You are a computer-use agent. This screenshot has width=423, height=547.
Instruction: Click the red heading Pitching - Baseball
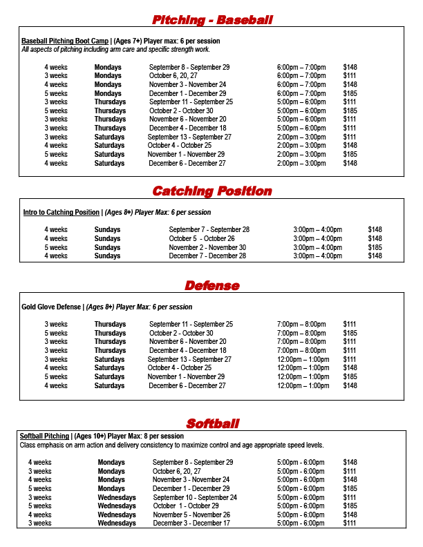pyautogui.click(x=212, y=19)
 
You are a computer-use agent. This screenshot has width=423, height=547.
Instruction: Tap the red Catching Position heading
pyautogui.click(x=212, y=191)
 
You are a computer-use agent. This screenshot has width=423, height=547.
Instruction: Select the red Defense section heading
pyautogui.click(x=212, y=285)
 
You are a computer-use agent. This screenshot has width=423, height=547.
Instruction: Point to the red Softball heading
pyautogui.click(x=212, y=423)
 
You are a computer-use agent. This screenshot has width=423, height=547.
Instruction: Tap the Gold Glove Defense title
pyautogui.click(x=50, y=307)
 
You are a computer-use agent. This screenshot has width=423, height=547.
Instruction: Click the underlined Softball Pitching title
pyautogui.click(x=45, y=436)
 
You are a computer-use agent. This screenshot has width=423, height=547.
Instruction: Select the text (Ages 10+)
pyautogui.click(x=90, y=436)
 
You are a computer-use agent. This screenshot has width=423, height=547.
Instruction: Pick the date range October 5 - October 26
pyautogui.click(x=207, y=238)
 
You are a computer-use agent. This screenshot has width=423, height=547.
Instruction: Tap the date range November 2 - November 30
pyautogui.click(x=207, y=247)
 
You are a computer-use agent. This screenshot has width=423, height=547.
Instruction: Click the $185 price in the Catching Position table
pyautogui.click(x=375, y=247)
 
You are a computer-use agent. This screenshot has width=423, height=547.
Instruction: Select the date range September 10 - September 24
pyautogui.click(x=195, y=497)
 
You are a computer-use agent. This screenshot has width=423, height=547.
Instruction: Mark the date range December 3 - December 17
pyautogui.click(x=192, y=524)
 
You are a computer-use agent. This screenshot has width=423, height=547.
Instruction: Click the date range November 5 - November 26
pyautogui.click(x=191, y=515)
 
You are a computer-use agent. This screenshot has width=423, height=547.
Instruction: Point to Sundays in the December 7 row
pyautogui.click(x=107, y=256)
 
